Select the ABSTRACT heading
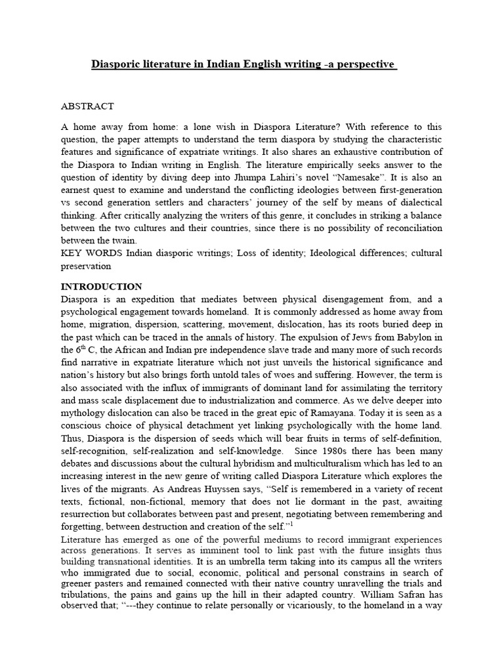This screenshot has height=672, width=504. click(87, 106)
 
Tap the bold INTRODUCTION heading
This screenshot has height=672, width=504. click(101, 286)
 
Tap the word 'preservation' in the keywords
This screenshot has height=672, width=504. click(86, 267)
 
